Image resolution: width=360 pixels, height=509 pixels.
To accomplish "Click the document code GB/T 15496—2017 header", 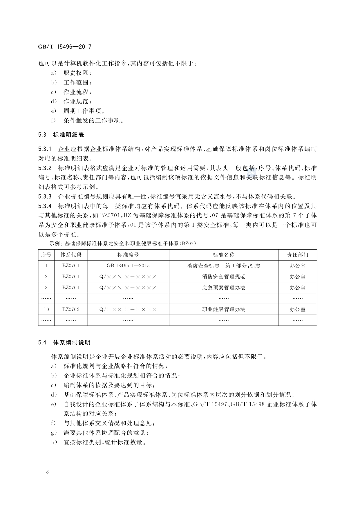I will coord(65,46).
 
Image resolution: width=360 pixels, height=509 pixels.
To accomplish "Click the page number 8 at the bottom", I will coord(47,472).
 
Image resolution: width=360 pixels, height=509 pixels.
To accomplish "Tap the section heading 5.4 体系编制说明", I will coord(64,342).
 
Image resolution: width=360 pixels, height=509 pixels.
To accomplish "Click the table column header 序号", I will coord(46,255).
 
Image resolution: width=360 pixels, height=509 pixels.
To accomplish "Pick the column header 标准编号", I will coord(128,255).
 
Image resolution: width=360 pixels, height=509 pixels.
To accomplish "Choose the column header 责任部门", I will coord(297,255).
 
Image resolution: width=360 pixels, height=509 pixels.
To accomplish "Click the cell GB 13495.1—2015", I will coord(128,266).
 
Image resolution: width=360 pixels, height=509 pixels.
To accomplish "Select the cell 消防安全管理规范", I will coord(223,277).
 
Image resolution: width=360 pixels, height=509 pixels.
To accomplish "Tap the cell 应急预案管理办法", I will coord(223,288).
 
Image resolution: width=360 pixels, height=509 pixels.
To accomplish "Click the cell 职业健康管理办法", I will coord(223,309).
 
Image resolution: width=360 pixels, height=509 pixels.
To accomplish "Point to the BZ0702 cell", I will coord(71,309).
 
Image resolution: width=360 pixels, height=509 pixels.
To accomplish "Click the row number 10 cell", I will coord(46,309).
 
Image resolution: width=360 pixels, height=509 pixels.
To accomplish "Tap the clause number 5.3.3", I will coord(45,197).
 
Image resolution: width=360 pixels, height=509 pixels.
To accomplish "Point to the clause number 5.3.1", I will coord(45,149).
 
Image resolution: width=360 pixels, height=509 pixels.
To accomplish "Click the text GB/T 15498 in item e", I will coord(249,404).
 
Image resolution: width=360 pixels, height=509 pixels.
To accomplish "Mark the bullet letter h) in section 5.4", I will coord(54,443).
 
